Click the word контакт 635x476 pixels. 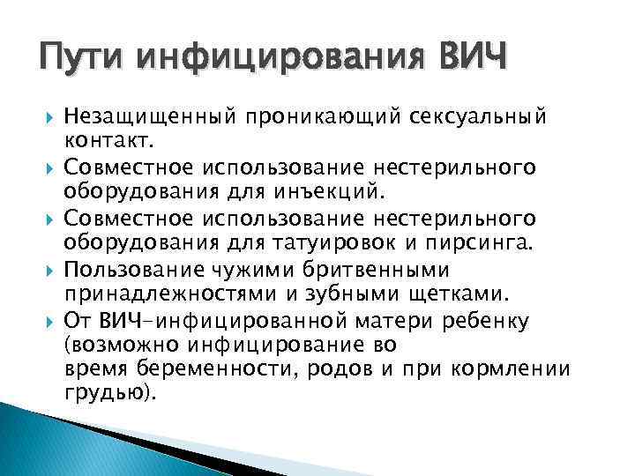tap(108, 139)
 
